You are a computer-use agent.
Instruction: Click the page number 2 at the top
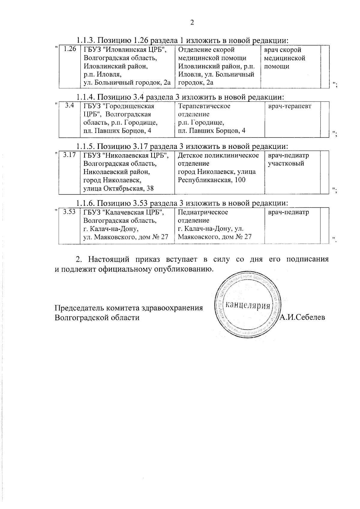click(x=192, y=23)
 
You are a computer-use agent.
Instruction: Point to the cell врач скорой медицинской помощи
click(x=284, y=58)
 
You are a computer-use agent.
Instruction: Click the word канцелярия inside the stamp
click(x=247, y=306)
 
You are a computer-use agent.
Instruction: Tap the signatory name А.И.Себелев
click(x=302, y=317)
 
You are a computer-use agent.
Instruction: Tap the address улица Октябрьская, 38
click(x=118, y=188)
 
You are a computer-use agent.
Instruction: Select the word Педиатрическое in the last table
click(x=203, y=212)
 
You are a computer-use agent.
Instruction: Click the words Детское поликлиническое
click(x=218, y=155)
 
